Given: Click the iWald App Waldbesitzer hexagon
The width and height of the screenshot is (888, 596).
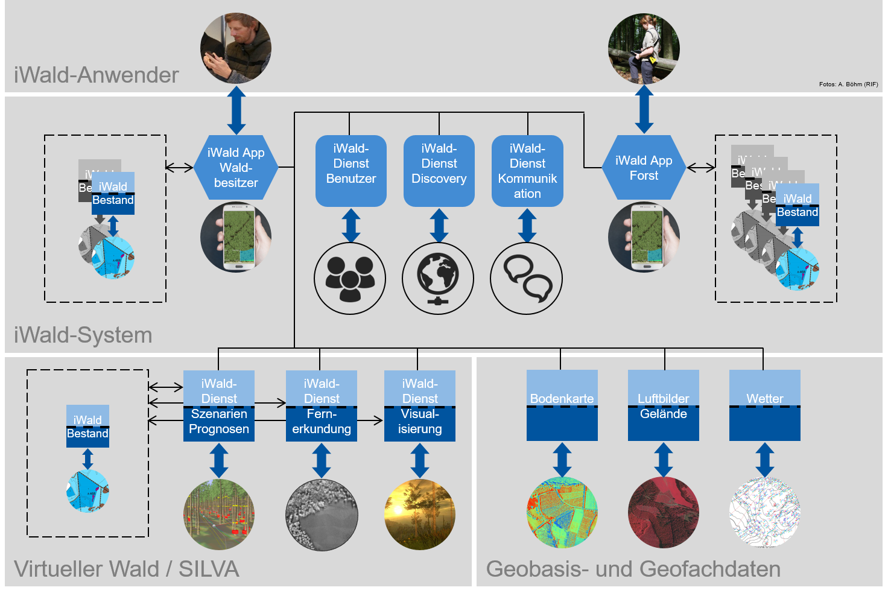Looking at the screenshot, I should [x=236, y=168].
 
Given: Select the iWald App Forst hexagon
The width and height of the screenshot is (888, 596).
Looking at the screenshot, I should [x=644, y=168].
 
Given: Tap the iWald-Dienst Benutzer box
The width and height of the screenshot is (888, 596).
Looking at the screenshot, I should [x=351, y=171].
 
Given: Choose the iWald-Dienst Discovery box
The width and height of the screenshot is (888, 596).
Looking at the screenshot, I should [x=439, y=171].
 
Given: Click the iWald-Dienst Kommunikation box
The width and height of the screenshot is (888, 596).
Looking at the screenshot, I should [x=527, y=171].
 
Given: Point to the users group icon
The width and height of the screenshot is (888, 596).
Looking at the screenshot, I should [x=350, y=279].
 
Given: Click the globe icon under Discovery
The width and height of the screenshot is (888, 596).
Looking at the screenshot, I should [x=438, y=279].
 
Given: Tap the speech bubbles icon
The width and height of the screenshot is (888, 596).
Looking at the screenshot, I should [x=527, y=279].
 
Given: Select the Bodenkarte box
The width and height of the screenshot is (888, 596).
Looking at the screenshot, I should [x=562, y=405].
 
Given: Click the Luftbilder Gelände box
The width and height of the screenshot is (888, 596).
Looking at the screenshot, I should [x=664, y=405].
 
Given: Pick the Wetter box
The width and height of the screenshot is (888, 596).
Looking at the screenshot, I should [x=765, y=405].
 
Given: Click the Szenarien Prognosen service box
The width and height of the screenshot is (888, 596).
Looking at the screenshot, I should [x=219, y=406].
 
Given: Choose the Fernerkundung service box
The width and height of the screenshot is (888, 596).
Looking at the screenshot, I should [x=322, y=406].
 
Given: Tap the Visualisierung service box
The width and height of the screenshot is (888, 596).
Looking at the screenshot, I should [x=420, y=406].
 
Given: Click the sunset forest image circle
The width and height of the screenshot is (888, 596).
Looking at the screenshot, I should [x=420, y=515].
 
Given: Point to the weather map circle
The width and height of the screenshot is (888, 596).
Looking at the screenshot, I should [x=765, y=513].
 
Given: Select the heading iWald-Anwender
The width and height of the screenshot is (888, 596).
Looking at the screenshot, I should [x=97, y=75].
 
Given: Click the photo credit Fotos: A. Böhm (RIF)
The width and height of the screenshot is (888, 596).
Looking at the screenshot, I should [x=848, y=84].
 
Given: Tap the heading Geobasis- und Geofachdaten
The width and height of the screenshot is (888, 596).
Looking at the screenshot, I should [x=633, y=569].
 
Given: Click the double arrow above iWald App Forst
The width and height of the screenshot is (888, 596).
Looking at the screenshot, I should [x=644, y=109].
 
